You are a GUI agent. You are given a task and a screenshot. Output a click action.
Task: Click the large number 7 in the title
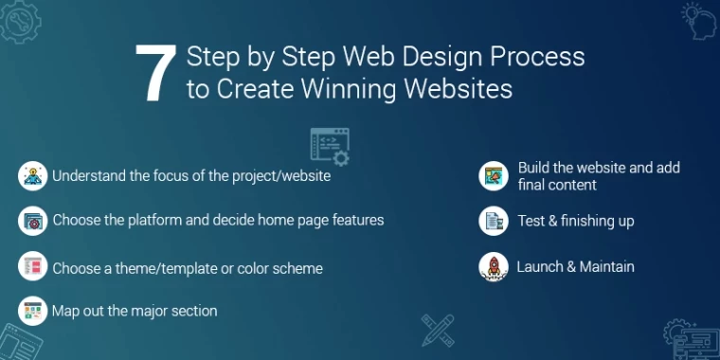coord(153,73)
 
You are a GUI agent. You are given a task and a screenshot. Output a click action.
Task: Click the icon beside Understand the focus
coord(32,175)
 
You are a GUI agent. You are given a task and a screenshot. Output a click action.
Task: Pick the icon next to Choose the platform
coord(32,221)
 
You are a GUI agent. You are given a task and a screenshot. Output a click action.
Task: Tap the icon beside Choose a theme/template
coord(32,267)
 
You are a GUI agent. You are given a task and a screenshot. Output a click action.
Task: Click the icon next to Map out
coord(32,310)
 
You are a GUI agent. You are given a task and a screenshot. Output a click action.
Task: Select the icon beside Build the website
coord(493,175)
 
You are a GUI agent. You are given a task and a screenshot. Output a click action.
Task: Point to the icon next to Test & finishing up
coord(493,221)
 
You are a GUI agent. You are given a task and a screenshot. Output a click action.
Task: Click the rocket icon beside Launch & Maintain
coord(493,266)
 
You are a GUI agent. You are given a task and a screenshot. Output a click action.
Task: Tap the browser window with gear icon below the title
coord(329,145)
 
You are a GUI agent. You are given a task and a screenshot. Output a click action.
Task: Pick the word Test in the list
coord(532,221)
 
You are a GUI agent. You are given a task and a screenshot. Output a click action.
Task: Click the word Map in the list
coord(67,311)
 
